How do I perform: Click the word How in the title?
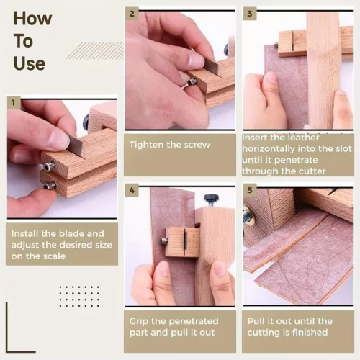pos(32,18)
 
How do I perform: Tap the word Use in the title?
pos(30,63)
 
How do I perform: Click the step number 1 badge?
pos(14,103)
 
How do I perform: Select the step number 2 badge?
pos(132,14)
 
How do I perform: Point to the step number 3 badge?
pos(250,14)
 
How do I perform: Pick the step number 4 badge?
pos(132,190)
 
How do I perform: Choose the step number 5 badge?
pos(250,190)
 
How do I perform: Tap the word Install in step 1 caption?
pos(25,233)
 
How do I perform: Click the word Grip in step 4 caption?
pos(138,322)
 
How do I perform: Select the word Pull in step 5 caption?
pos(254,321)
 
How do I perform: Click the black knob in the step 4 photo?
pos(212,198)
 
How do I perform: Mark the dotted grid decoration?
pos(79,296)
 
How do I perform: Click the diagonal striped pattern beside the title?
pos(95,50)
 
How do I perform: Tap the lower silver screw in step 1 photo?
pos(50,185)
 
